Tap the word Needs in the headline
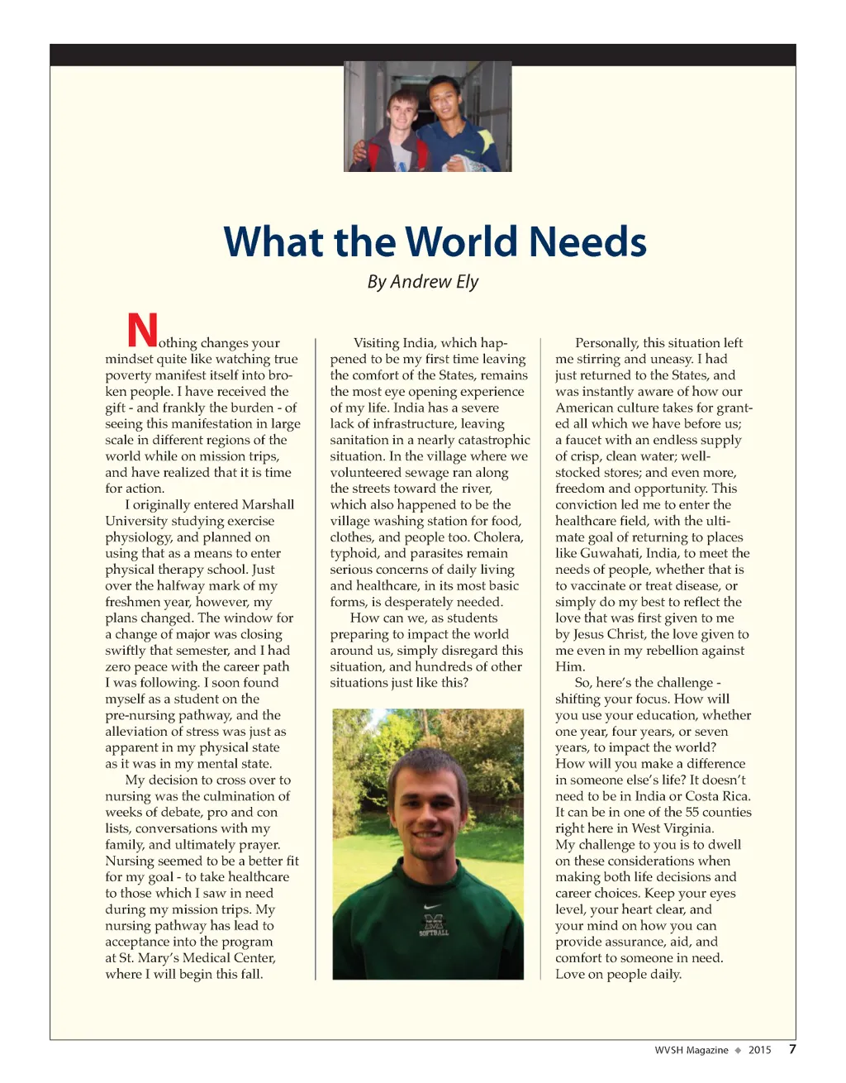click(x=587, y=241)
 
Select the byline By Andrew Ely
click(x=423, y=282)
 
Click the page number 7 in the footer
click(x=792, y=1049)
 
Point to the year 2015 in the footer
click(x=759, y=1050)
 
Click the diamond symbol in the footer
click(x=738, y=1050)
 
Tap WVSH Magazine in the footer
click(x=692, y=1050)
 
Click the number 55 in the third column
click(x=692, y=812)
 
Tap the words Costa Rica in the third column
click(x=717, y=796)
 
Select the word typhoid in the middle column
click(x=354, y=553)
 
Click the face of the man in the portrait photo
click(x=429, y=811)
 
